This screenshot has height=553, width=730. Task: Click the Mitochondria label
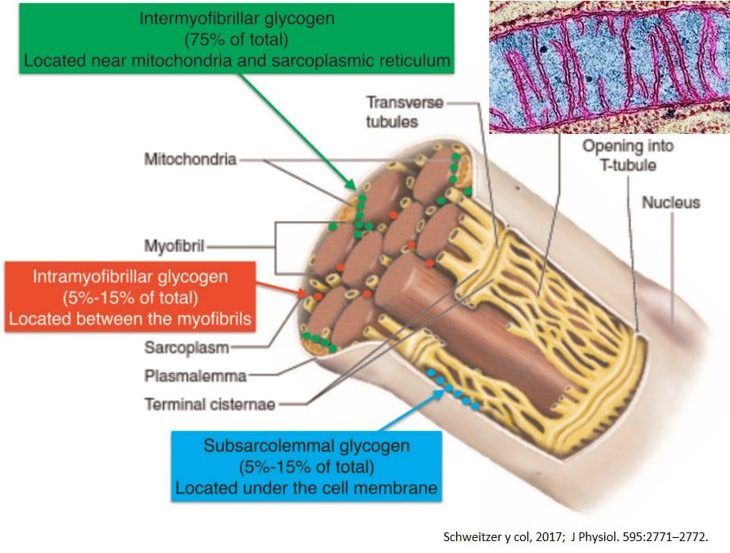(x=190, y=159)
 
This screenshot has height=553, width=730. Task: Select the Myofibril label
(x=175, y=246)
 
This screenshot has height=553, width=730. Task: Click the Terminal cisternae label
(x=210, y=404)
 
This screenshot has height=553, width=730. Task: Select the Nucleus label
(x=671, y=202)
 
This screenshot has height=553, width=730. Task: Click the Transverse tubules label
(x=405, y=111)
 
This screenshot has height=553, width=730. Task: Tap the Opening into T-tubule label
(x=616, y=154)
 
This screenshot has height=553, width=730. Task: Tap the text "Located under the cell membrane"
(x=306, y=486)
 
